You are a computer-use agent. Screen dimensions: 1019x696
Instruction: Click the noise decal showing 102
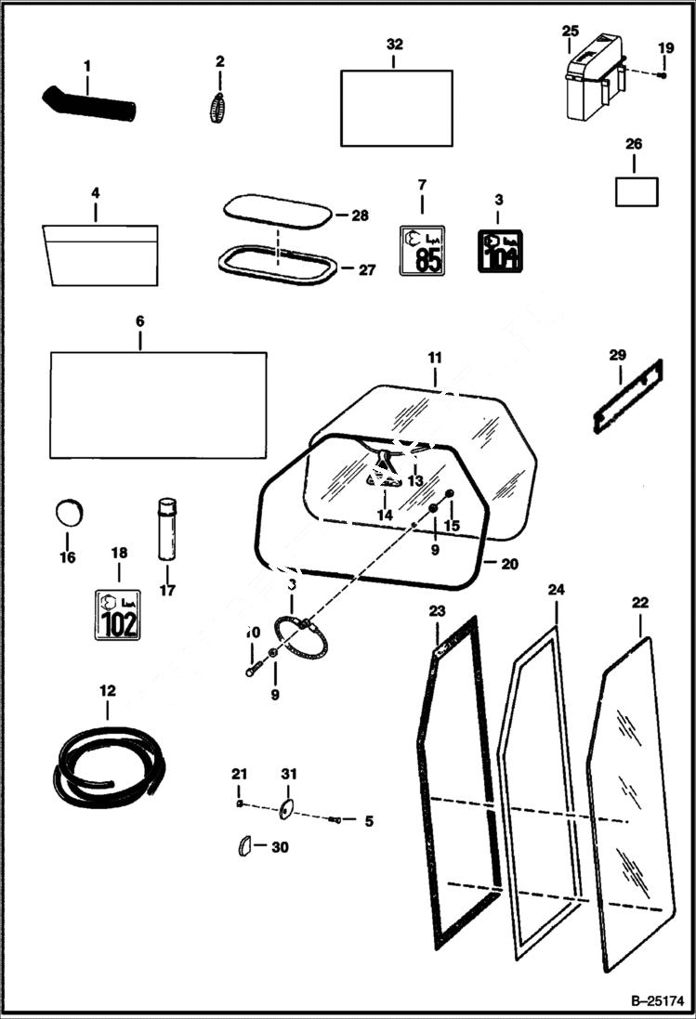pos(118,614)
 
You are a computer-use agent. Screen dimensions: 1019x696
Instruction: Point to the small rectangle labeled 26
pos(637,190)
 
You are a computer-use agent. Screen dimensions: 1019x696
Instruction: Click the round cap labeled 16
pos(69,513)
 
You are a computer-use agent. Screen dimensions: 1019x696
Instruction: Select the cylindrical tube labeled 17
pos(167,529)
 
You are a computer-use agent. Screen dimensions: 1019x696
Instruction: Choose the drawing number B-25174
pos(656,1000)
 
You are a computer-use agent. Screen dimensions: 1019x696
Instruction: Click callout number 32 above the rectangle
pos(395,45)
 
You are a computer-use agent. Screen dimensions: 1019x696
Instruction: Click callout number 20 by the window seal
pos(508,564)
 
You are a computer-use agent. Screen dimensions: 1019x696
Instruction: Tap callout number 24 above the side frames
pos(556,589)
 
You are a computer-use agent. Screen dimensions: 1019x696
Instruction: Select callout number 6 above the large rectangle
pos(140,320)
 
